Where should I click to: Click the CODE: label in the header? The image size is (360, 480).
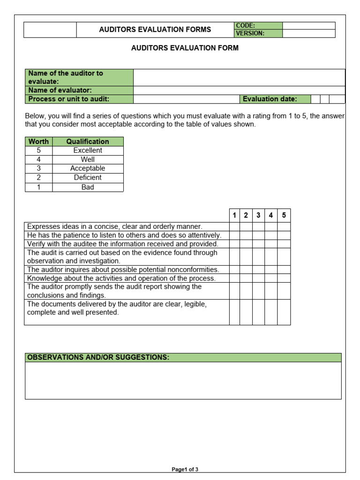point(246,26)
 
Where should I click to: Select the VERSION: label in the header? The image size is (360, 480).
point(250,33)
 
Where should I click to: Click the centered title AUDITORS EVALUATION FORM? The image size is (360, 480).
point(185,48)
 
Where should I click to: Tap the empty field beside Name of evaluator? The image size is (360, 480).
point(239,90)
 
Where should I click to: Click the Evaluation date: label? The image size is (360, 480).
point(270,99)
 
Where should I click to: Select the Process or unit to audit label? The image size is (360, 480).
point(69,99)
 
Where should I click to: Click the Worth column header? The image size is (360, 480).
point(38,141)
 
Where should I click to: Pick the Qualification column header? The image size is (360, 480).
point(88,141)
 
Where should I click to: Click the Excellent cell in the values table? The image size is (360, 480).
point(88,150)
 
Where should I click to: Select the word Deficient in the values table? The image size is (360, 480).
point(88,178)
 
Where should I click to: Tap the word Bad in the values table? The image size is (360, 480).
point(88,187)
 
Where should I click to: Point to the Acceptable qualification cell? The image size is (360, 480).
point(88,168)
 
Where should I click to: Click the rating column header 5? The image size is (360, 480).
point(284,215)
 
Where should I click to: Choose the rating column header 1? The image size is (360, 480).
point(234,215)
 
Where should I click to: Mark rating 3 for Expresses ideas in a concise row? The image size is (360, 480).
point(258,226)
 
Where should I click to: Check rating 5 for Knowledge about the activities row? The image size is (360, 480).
point(284,278)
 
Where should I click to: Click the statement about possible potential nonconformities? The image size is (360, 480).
point(123,270)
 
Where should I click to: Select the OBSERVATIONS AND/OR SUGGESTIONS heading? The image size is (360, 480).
point(98,358)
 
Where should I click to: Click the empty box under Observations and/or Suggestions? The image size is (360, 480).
point(183,380)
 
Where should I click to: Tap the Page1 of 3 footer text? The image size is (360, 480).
point(185,469)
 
